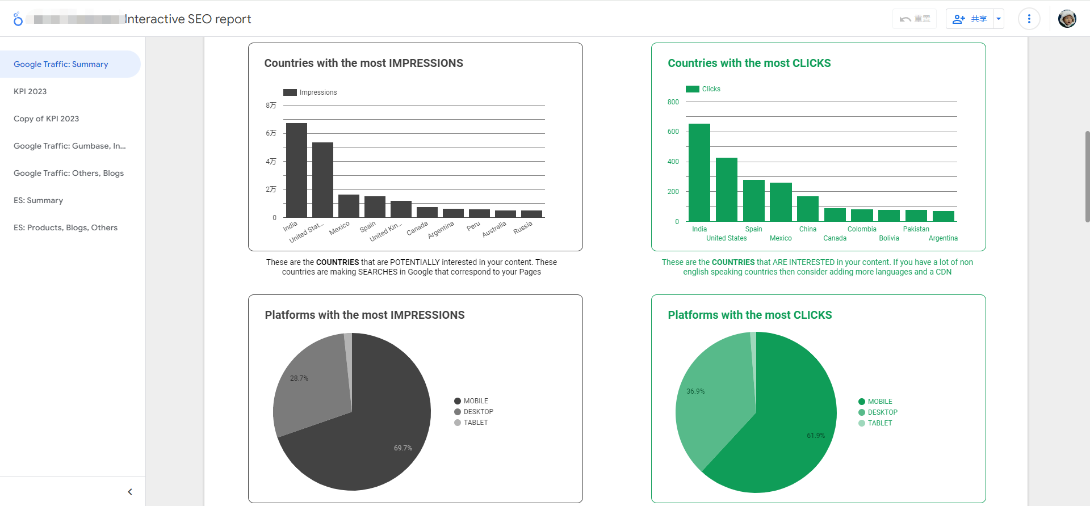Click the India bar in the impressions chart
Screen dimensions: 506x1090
(x=296, y=170)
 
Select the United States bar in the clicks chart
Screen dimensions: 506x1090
(x=726, y=189)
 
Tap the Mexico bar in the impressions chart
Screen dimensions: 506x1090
(x=349, y=206)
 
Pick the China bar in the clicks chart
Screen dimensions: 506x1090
(x=807, y=209)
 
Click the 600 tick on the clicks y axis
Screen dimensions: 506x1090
(x=673, y=132)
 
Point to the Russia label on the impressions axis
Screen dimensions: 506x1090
(x=523, y=227)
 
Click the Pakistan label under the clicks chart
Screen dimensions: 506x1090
(x=916, y=229)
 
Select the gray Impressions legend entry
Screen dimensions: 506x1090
(x=311, y=92)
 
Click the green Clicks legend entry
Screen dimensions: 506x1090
(x=703, y=89)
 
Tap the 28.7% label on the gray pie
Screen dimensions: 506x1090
(x=299, y=378)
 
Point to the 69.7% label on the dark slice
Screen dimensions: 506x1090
(x=403, y=448)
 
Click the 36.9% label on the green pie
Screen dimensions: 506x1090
(x=695, y=391)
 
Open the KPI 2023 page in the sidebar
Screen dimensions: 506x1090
(x=30, y=91)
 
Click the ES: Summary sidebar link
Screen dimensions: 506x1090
(x=39, y=200)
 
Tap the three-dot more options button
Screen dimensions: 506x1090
(x=1029, y=19)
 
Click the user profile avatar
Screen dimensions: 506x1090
(x=1067, y=19)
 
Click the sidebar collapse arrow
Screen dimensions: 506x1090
(x=130, y=492)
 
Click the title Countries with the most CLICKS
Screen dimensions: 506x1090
(x=749, y=63)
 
